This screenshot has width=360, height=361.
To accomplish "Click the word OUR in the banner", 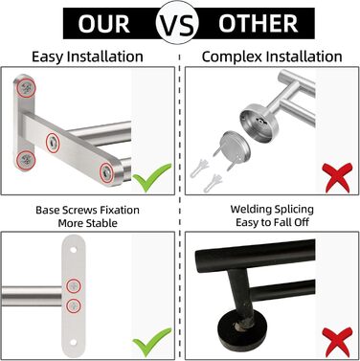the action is tap(103, 24).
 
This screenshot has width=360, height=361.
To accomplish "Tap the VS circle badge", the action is tap(177, 23).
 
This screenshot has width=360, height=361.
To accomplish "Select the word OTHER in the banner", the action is tap(258, 24).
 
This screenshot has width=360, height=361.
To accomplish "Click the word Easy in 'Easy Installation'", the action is tap(48, 57).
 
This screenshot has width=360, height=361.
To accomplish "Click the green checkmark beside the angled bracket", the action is tap(152, 177).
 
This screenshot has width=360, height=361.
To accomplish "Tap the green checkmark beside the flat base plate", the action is tap(152, 342).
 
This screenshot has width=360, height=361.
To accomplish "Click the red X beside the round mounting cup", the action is tap(337, 177).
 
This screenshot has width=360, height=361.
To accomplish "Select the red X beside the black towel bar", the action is tap(337, 342).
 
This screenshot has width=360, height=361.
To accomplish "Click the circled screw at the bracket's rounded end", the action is tap(106, 173).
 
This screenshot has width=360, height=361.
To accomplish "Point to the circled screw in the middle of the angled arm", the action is tap(53, 143).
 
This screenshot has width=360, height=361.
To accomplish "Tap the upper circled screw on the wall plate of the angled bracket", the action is tap(26, 87).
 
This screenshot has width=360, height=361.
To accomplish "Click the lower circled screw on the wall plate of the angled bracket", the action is tap(26, 159).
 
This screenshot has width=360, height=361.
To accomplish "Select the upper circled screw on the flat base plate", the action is tap(74, 285).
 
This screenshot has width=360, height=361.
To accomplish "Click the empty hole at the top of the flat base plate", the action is tap(74, 250).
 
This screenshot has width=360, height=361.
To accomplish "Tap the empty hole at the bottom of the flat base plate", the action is tap(74, 343).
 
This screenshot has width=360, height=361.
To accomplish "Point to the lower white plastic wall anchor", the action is tap(214, 183).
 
